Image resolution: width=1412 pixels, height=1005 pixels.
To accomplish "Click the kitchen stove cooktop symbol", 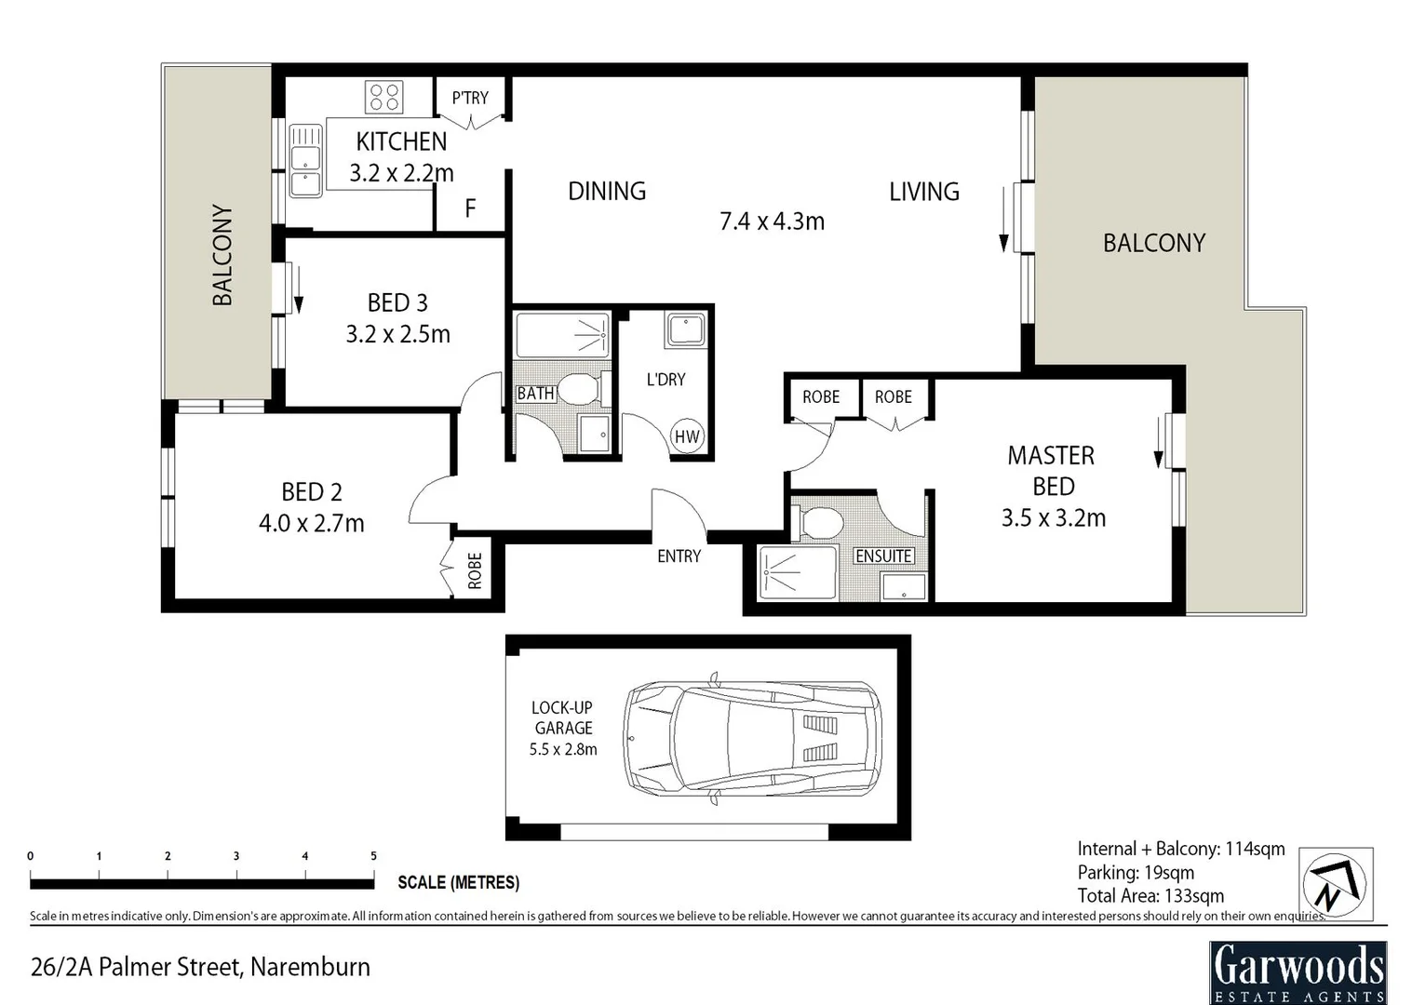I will click(383, 98).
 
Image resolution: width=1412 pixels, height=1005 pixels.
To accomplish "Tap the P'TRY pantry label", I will click(470, 98).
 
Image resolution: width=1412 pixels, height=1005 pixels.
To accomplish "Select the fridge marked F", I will click(470, 208).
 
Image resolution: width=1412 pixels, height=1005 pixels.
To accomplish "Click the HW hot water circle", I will click(687, 436).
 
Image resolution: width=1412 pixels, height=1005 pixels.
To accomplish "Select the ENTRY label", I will click(679, 556).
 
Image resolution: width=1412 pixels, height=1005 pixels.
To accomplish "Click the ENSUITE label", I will click(883, 556).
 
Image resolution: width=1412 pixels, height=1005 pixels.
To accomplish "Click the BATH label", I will click(535, 394).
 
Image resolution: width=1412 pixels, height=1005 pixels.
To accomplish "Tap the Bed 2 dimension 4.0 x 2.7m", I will click(311, 523).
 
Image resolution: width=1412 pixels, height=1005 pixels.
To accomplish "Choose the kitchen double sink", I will click(305, 160).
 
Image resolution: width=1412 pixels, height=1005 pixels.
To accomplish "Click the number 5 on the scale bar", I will click(373, 856).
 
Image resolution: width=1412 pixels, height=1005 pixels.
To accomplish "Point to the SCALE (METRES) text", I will click(458, 882).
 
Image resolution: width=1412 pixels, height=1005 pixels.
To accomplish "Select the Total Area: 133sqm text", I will click(1150, 896).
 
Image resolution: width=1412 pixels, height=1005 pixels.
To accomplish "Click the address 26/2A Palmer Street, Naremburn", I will click(200, 968).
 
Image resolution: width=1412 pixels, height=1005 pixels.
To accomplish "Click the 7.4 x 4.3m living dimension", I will click(772, 221).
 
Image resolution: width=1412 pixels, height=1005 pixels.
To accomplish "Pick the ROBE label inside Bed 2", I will click(475, 570).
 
